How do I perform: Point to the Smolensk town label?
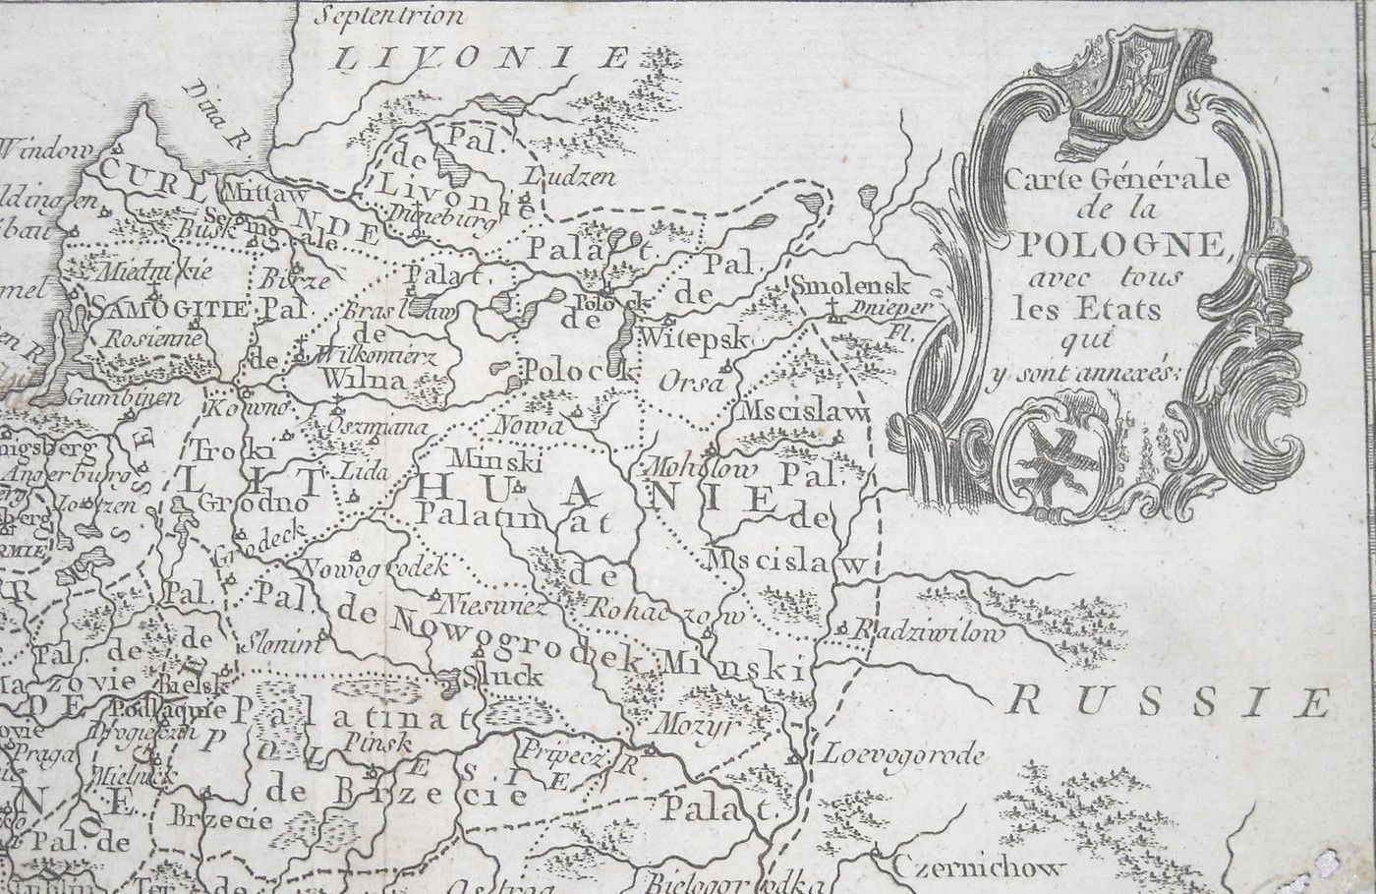pyautogui.click(x=852, y=285)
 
